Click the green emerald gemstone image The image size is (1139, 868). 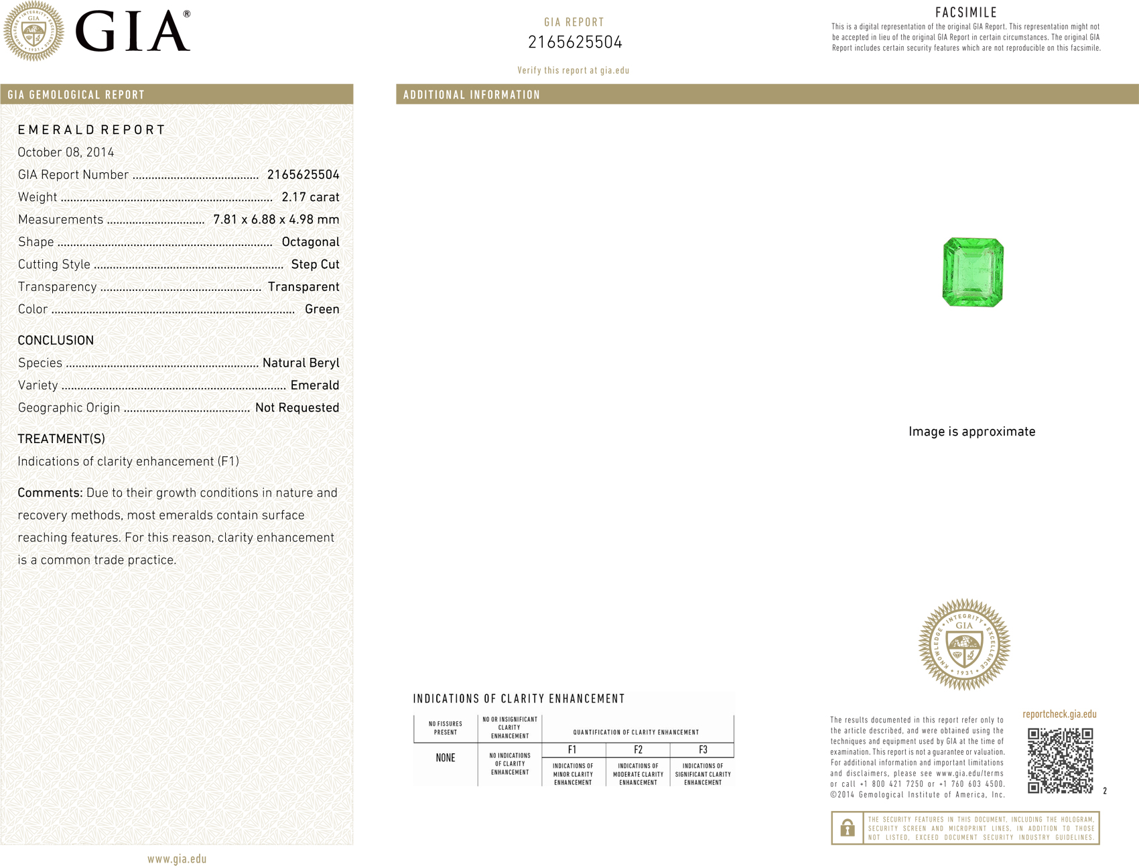[x=973, y=272]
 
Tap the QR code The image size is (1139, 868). [x=1060, y=760]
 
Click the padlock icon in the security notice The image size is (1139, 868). [x=848, y=828]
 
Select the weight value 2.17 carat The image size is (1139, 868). [x=310, y=197]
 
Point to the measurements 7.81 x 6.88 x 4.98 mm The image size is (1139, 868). [x=276, y=220]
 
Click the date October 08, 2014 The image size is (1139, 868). [x=66, y=152]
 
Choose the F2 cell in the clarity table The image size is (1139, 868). [x=638, y=750]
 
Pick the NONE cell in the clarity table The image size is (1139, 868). [x=446, y=758]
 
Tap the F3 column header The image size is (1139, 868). [x=703, y=750]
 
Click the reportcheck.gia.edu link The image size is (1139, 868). [x=1059, y=715]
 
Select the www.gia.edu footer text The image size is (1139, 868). [x=177, y=859]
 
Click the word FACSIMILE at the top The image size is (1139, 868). [x=966, y=13]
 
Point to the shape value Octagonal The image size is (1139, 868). [x=310, y=242]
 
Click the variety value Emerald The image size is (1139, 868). [x=315, y=385]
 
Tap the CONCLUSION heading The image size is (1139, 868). [x=56, y=340]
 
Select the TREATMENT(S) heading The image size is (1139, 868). [x=61, y=439]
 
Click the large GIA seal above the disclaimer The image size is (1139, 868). [x=964, y=645]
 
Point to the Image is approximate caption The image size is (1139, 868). [x=972, y=432]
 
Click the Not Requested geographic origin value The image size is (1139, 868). [x=297, y=408]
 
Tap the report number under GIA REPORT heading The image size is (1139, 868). [x=575, y=43]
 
